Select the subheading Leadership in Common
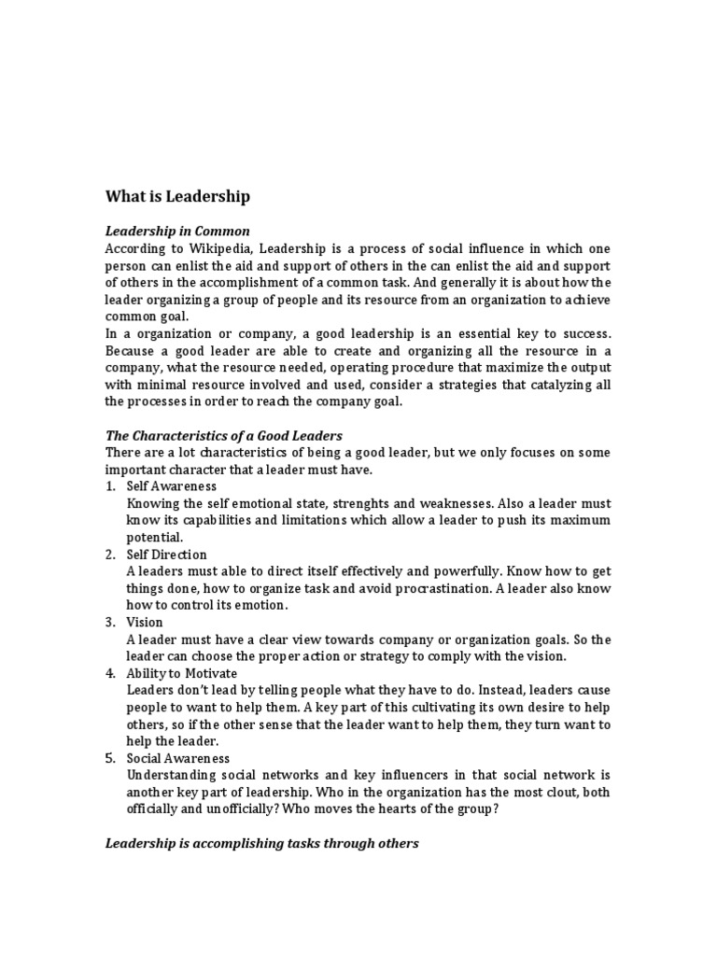click(177, 231)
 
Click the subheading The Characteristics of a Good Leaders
click(224, 435)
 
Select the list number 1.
click(109, 486)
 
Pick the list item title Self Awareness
click(172, 486)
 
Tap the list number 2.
click(109, 555)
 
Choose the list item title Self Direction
click(167, 555)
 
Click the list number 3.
click(109, 622)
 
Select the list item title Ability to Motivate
click(182, 673)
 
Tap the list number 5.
click(109, 758)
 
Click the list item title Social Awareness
click(178, 758)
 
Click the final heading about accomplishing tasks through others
click(262, 843)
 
